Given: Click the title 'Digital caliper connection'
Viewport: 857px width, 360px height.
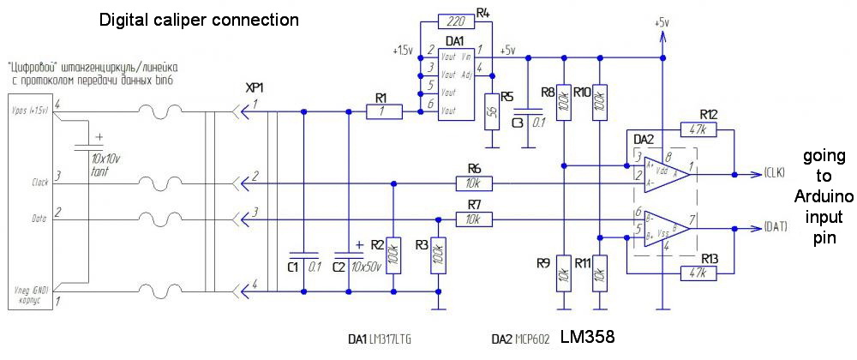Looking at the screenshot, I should tap(200, 19).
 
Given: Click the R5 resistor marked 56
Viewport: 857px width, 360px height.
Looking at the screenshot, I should tap(492, 111).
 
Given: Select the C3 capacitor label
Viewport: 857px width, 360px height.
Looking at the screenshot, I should tap(517, 123).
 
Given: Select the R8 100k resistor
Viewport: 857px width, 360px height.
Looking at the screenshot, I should tap(564, 102).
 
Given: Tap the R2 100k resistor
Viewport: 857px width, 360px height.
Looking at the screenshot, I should tap(393, 255).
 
